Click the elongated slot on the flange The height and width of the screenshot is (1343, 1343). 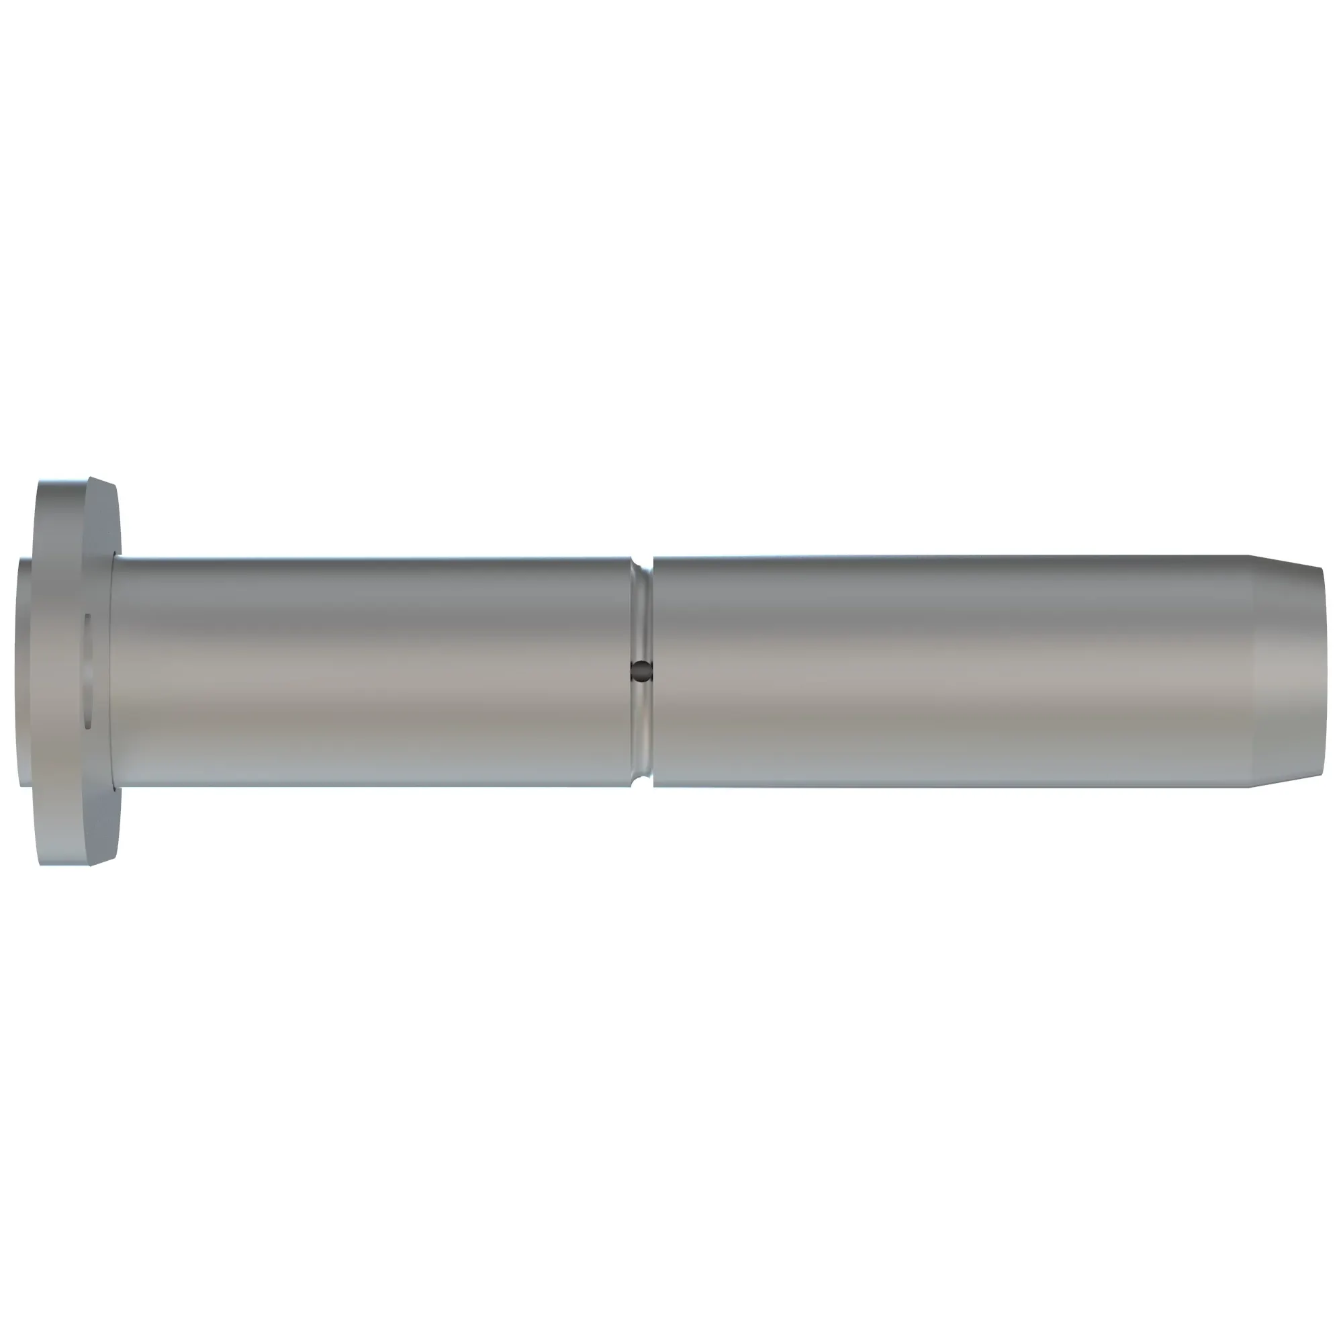87,671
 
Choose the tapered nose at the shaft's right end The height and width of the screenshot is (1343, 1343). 1286,671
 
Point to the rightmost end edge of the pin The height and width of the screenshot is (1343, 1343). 1324,671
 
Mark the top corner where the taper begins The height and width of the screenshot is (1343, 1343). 1248,555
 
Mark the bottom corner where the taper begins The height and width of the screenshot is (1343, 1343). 1248,787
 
